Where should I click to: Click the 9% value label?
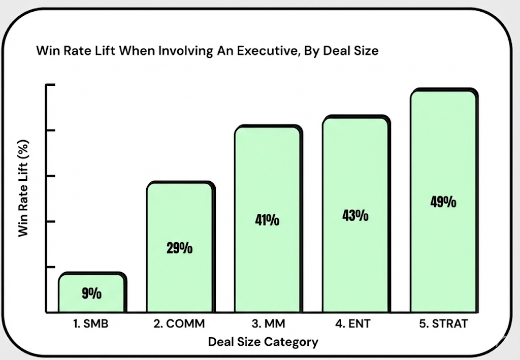click(x=92, y=293)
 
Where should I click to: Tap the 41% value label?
click(x=267, y=220)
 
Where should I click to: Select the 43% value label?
click(x=355, y=215)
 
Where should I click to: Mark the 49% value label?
click(x=443, y=202)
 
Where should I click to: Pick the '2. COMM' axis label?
click(x=180, y=323)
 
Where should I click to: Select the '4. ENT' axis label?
click(x=355, y=323)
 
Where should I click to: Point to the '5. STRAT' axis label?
click(x=443, y=323)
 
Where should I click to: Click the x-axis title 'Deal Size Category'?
click(x=263, y=342)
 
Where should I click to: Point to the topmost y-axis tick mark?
click(x=50, y=85)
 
